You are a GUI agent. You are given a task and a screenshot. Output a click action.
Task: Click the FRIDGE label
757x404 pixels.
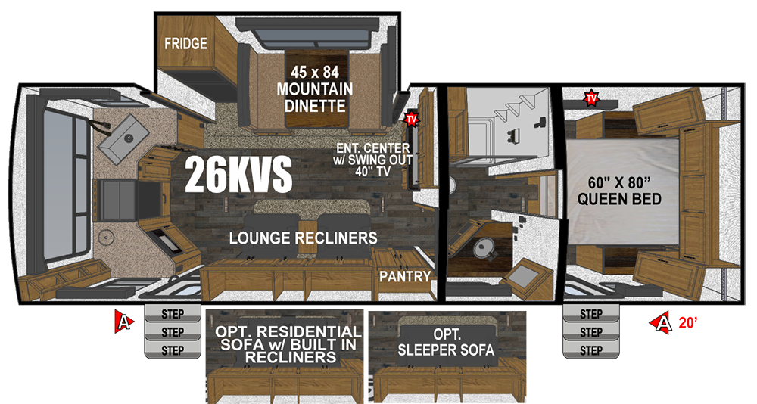click(x=185, y=43)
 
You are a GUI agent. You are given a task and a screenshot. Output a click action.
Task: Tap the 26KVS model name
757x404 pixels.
click(x=238, y=174)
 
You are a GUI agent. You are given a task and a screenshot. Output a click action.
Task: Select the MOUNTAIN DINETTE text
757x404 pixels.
click(x=315, y=98)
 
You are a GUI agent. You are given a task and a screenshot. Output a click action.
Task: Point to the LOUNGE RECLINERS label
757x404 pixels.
click(x=304, y=238)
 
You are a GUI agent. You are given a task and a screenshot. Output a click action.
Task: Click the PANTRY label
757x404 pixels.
click(x=404, y=277)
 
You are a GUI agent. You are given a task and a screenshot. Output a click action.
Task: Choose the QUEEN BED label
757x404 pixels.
click(x=619, y=199)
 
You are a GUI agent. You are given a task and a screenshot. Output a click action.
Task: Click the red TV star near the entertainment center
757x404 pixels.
click(x=411, y=118)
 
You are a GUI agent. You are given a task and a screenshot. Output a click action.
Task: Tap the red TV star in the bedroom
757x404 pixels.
click(x=591, y=98)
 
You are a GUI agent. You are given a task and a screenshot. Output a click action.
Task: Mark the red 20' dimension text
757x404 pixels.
click(x=688, y=323)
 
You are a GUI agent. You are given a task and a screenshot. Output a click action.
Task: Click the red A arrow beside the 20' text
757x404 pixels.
click(x=662, y=322)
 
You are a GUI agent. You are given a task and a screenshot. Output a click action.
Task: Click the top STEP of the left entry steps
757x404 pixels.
click(x=173, y=314)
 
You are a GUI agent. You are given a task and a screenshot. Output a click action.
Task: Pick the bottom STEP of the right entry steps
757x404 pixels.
click(x=591, y=350)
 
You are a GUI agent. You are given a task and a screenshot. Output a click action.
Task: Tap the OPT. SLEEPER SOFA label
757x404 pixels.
click(x=446, y=342)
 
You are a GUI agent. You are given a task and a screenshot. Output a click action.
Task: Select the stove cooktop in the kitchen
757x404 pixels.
click(x=116, y=199)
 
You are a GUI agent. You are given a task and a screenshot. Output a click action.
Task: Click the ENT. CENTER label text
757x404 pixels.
click(x=373, y=148)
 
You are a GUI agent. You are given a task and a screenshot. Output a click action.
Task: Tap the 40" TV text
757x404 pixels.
click(x=372, y=171)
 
